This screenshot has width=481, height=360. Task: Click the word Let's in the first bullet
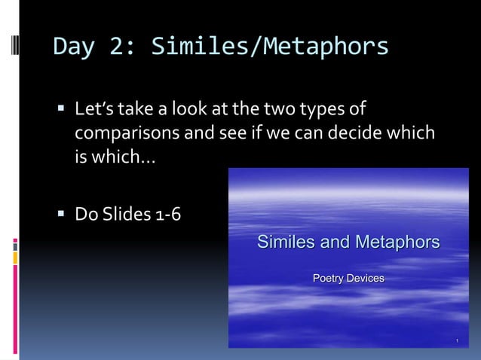pos(94,111)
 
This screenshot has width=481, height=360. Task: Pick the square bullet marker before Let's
pos(62,111)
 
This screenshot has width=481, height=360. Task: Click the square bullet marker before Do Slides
pos(62,216)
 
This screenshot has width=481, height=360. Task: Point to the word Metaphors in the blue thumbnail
pos(397,243)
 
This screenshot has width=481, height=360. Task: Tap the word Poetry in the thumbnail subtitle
pos(329,279)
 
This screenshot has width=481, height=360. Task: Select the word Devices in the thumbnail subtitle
pos(366,279)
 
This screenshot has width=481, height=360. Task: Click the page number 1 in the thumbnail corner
pos(457,343)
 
